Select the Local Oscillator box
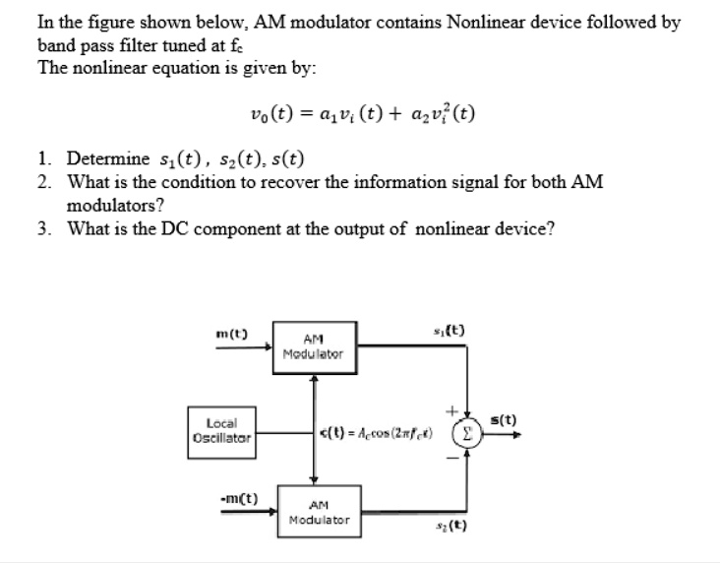pos(219,429)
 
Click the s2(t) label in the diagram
pos(453,526)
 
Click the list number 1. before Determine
pos(45,158)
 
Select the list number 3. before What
pos(45,229)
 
